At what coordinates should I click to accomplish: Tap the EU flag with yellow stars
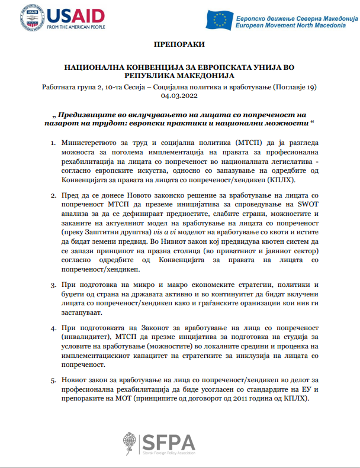pos(219,20)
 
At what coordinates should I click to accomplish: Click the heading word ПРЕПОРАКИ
pos(180,45)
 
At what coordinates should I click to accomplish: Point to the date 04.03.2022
pos(180,96)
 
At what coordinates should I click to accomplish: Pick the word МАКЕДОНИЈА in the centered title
pos(204,76)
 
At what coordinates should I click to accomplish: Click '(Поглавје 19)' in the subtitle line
pos(294,87)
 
